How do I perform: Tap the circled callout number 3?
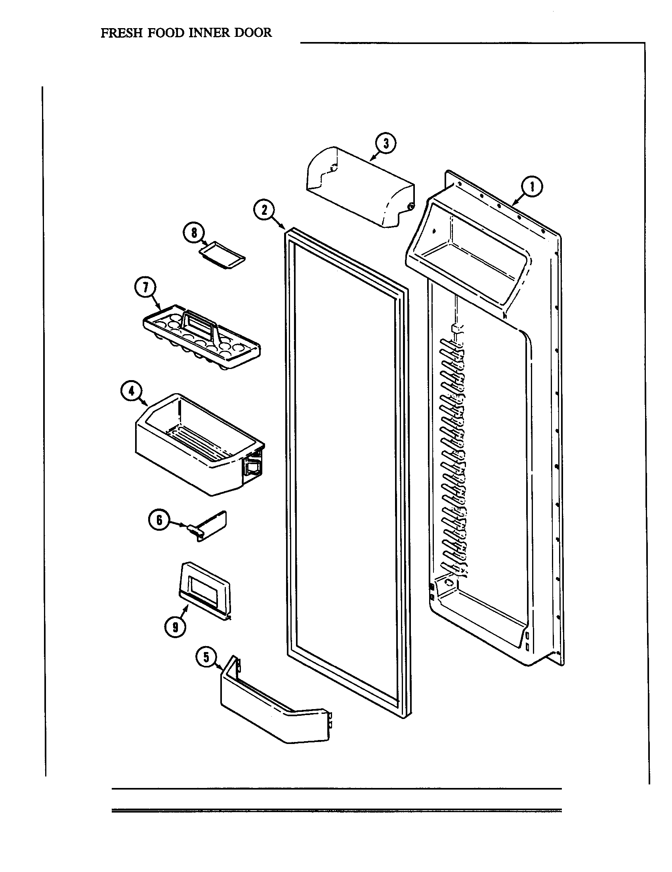tap(386, 144)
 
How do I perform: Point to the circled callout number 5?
tap(206, 657)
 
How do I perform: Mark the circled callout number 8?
tap(194, 233)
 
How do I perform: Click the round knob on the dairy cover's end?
tap(409, 206)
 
